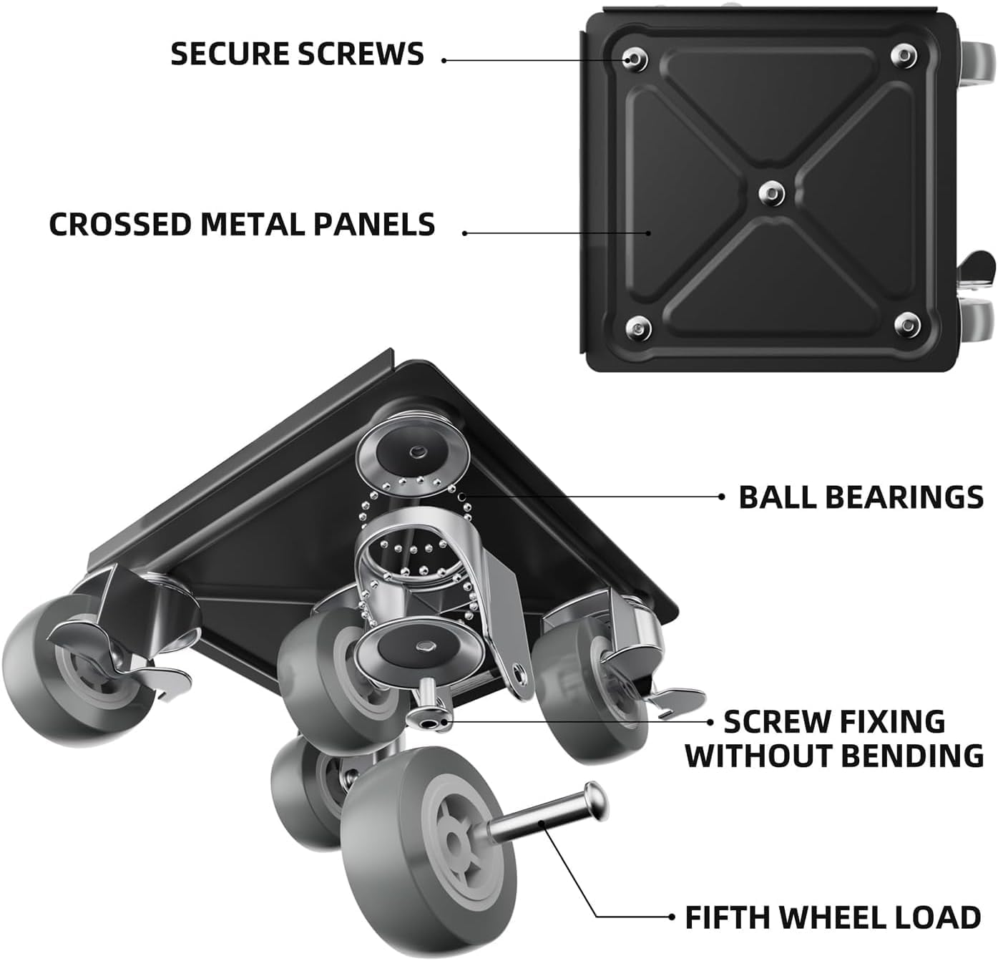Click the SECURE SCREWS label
click(297, 54)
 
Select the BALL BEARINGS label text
click(861, 497)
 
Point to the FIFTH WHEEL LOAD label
click(833, 917)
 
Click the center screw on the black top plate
click(769, 191)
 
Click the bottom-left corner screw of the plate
click(635, 328)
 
